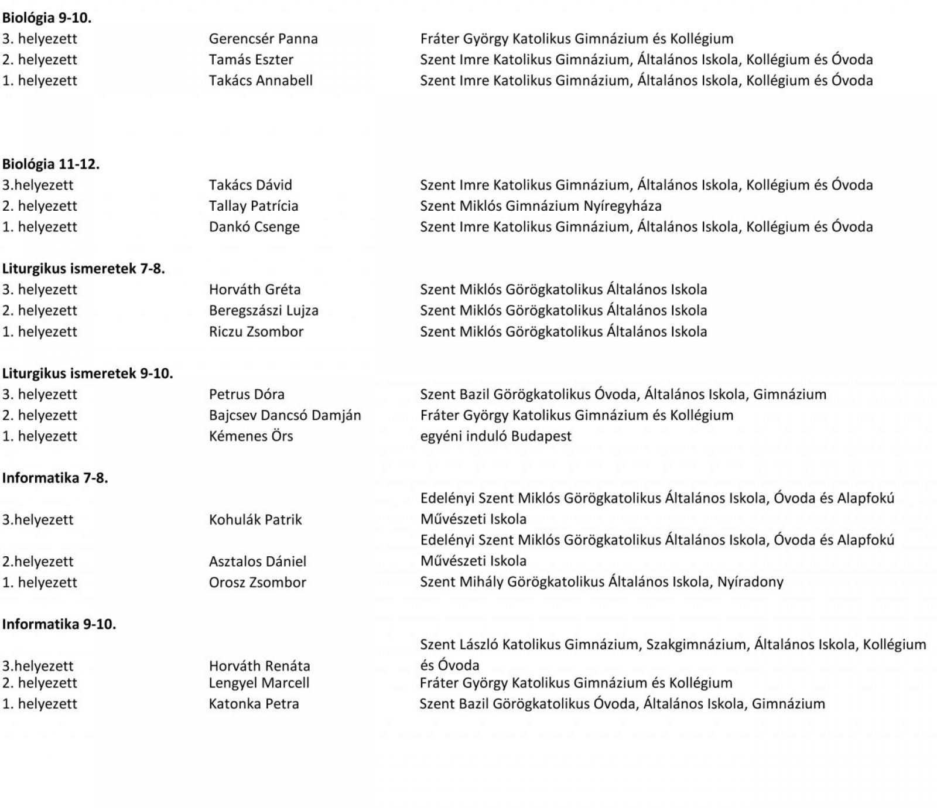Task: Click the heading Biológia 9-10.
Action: (47, 18)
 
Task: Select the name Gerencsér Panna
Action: (263, 39)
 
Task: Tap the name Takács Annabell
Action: (261, 81)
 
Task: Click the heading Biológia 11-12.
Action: (51, 165)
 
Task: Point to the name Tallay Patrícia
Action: (254, 206)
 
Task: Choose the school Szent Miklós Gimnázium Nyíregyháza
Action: (541, 206)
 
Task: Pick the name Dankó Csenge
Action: (254, 227)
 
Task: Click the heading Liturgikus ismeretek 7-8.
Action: (84, 269)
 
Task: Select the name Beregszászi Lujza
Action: (264, 311)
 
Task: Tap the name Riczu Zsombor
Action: (256, 332)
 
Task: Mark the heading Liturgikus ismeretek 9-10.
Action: (88, 374)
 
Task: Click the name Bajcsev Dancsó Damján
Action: (285, 416)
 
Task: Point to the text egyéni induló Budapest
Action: (495, 436)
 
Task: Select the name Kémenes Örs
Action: (251, 436)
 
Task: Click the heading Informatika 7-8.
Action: (55, 478)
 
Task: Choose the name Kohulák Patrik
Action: (255, 520)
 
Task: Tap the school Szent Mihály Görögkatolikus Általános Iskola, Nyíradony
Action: (601, 582)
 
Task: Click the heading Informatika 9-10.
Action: (59, 625)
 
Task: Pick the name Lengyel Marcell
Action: (259, 683)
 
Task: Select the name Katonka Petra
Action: (254, 704)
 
